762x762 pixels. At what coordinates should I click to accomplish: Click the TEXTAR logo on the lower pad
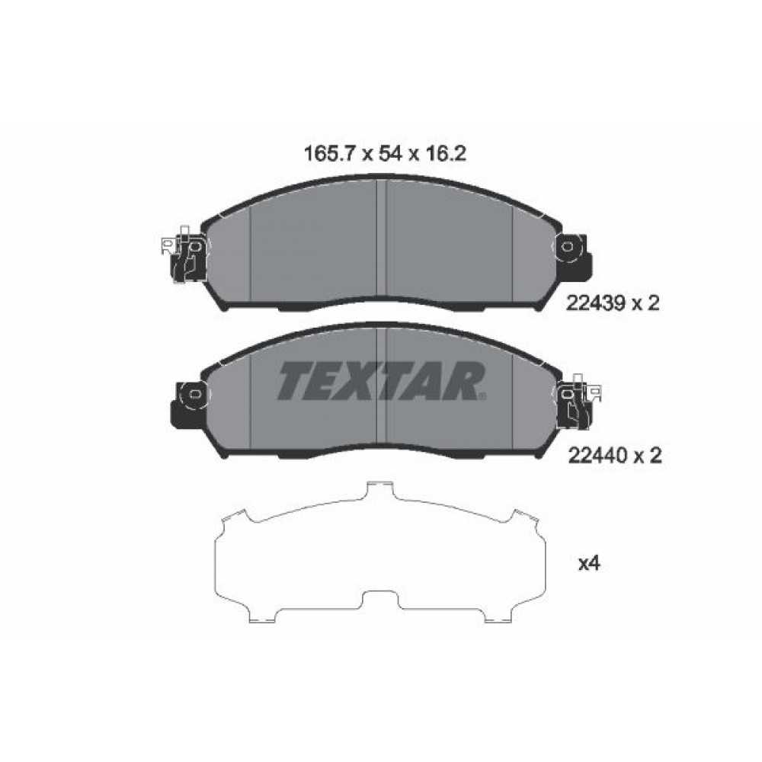click(382, 381)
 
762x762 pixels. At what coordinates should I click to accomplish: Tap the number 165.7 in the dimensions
click(331, 154)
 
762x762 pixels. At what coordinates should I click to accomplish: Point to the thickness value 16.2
click(446, 154)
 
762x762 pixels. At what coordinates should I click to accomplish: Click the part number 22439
click(595, 304)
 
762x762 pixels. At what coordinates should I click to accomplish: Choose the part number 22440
click(597, 456)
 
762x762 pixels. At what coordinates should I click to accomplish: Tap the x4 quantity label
click(590, 563)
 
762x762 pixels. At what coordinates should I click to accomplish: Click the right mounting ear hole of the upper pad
click(567, 247)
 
